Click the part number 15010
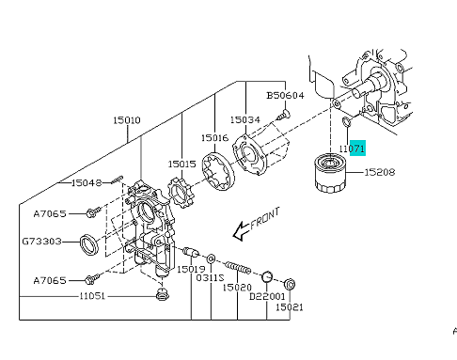pos(127,120)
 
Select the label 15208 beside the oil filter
pos(380,172)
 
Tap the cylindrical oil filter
pos(329,173)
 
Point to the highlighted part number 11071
pos(353,148)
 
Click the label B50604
pos(285,95)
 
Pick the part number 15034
pos(245,119)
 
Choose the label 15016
pos(215,138)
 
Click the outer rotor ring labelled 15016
pos(218,172)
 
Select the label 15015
pos(181,164)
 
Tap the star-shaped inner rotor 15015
pos(181,191)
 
